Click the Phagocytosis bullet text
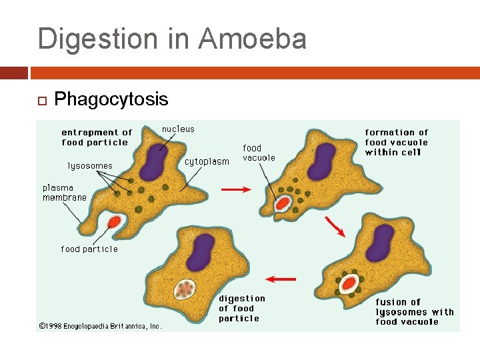click(x=111, y=99)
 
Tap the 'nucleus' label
click(x=179, y=129)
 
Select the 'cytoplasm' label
click(x=207, y=161)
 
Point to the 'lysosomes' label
click(x=90, y=165)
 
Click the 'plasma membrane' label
click(x=65, y=193)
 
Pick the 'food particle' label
click(x=89, y=249)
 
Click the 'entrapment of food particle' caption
click(x=97, y=137)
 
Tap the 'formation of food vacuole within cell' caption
click(x=397, y=142)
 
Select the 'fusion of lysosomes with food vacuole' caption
click(x=414, y=311)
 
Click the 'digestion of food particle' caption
click(x=241, y=308)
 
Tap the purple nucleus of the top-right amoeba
click(x=323, y=161)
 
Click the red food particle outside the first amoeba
click(x=114, y=222)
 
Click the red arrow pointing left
click(x=281, y=278)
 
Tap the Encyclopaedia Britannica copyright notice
click(x=99, y=326)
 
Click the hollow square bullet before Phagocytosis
click(x=41, y=101)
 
